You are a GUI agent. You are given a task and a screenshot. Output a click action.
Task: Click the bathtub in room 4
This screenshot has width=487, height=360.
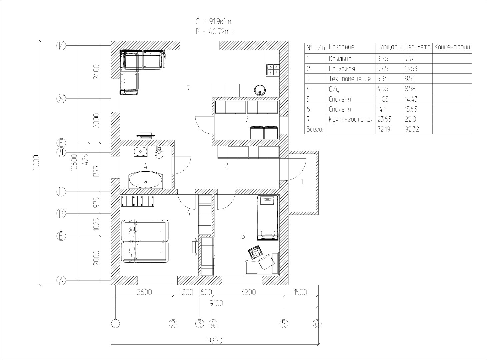point(146,181)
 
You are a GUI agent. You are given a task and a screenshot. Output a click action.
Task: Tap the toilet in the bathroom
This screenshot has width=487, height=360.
point(159,152)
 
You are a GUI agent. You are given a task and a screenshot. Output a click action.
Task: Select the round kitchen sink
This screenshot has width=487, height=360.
point(260,90)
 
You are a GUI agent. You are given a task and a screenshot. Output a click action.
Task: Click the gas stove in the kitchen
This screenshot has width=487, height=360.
point(273,70)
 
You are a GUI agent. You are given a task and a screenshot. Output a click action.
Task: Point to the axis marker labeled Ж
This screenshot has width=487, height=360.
point(61,99)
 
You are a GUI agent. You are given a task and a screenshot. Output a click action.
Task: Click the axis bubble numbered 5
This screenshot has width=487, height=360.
point(284,324)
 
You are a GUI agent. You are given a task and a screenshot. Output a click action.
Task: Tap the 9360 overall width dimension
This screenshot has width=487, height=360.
point(215,341)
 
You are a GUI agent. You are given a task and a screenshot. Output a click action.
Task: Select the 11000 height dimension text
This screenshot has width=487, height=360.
point(36,163)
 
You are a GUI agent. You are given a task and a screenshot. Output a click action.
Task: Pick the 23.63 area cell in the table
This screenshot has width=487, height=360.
point(384,119)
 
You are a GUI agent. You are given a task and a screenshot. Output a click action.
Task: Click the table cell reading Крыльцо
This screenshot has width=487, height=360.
point(340,59)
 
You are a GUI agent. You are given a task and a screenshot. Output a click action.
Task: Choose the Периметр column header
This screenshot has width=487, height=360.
point(417,47)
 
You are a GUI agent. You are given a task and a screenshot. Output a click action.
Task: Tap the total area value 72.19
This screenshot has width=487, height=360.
point(384,129)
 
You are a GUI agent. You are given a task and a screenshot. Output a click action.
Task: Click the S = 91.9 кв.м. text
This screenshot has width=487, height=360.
point(214,22)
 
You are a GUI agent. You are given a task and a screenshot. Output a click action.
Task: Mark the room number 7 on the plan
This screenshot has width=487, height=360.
point(188,88)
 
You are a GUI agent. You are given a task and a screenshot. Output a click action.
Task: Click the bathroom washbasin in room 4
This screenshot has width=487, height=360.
point(141,152)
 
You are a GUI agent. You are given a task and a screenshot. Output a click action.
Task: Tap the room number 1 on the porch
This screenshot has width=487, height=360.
point(302,182)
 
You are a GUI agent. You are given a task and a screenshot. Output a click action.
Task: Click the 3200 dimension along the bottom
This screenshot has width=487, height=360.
point(248,292)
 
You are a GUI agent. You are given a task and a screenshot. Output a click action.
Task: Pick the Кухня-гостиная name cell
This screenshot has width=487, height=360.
point(351,119)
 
